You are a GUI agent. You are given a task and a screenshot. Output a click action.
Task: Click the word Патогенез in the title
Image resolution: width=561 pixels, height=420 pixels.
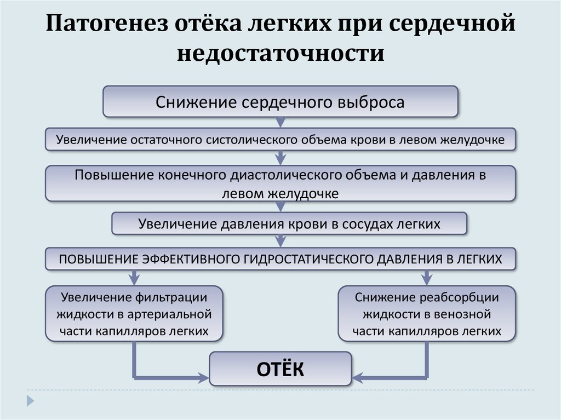107,24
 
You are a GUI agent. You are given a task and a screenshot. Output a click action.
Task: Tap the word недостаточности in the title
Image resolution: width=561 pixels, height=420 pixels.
281,53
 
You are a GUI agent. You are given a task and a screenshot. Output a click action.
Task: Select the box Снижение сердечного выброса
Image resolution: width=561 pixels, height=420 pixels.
280,102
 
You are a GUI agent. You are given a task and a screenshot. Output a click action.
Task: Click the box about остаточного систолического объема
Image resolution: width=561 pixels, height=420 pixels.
280,139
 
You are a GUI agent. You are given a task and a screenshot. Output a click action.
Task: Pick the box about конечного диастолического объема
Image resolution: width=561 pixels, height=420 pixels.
280,183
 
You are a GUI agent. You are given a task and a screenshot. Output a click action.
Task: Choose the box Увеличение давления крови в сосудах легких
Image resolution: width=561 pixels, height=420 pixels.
289,223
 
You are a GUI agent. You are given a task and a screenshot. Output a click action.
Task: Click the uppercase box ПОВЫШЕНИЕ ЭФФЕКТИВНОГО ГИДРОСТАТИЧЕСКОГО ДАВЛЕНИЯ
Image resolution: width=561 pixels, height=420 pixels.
280,258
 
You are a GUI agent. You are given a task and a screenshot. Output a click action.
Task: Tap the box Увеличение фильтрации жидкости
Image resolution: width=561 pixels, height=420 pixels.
134,314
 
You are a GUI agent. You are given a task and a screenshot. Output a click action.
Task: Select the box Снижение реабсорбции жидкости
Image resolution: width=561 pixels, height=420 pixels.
427,314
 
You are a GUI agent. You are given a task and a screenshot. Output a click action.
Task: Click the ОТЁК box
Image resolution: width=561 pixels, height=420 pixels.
280,369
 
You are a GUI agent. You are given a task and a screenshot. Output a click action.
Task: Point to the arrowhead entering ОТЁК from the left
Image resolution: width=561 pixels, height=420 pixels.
204,377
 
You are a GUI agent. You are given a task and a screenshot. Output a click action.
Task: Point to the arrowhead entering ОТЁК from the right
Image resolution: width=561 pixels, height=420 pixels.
358,377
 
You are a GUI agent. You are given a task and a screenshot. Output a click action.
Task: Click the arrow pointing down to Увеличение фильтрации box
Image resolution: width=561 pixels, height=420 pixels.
134,278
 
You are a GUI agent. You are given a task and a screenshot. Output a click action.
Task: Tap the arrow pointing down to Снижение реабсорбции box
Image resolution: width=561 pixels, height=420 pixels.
427,278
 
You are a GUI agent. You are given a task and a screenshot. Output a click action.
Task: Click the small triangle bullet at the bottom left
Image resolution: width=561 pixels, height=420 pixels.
31,401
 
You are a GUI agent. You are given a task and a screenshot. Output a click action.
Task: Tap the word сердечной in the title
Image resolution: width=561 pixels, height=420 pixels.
452,24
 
